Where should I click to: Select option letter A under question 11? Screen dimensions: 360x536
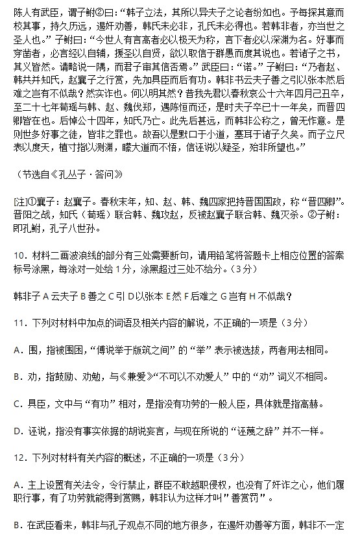[16, 349]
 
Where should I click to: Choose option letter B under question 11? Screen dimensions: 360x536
[16, 376]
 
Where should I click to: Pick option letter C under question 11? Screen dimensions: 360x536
[16, 402]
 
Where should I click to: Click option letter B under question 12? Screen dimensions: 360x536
[16, 522]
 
